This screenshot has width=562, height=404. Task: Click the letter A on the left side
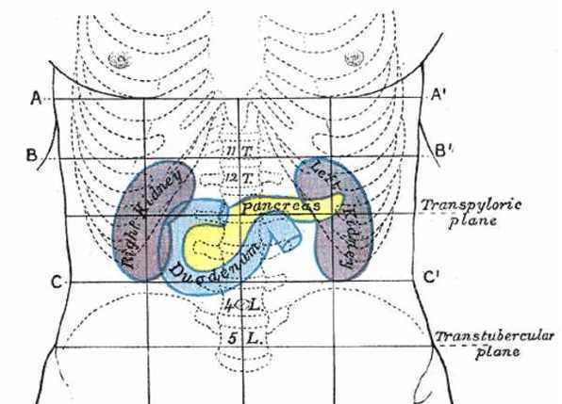[36, 98]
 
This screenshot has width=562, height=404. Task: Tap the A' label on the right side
[438, 95]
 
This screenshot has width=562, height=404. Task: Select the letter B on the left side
[31, 155]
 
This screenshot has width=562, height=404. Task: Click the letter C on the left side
[57, 283]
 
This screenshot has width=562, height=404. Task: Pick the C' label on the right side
[430, 277]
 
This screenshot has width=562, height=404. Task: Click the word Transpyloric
[471, 205]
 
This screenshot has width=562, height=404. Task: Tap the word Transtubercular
[495, 336]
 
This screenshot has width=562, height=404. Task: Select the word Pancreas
[281, 206]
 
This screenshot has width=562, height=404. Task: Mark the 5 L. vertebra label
[245, 338]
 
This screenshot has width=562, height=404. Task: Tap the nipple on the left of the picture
[120, 59]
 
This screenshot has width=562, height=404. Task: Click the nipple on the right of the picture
[355, 57]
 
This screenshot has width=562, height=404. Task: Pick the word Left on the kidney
[325, 174]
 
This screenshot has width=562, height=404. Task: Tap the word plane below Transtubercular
[498, 352]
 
